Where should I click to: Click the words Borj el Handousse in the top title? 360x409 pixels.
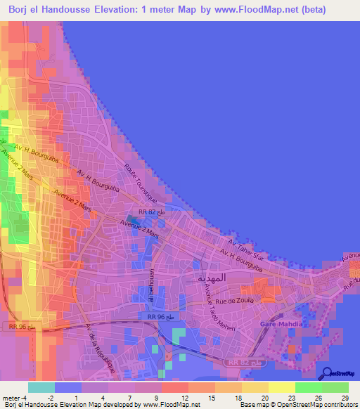[53, 9]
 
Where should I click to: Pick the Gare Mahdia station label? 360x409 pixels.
[281, 324]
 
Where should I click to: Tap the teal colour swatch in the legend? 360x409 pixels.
[41, 387]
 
